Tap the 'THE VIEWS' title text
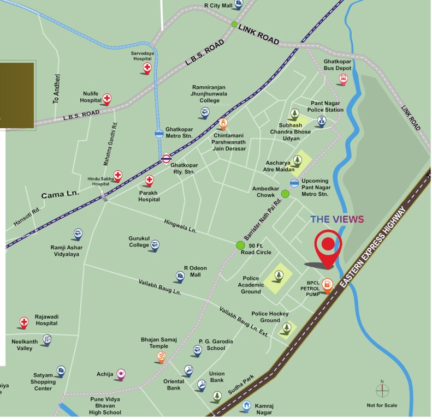(x=337, y=219)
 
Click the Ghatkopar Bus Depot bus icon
(x=343, y=80)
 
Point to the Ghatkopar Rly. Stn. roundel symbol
(x=167, y=159)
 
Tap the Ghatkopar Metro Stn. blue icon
(x=158, y=133)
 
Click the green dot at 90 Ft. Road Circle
(x=240, y=246)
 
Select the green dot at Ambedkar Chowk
(x=285, y=194)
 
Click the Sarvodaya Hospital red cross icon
(x=147, y=68)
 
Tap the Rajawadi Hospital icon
(x=24, y=322)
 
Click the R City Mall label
(x=218, y=5)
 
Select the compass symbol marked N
(x=382, y=391)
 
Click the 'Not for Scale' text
(x=382, y=405)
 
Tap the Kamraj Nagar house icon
(x=247, y=406)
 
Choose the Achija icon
(x=121, y=374)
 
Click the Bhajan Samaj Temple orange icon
(x=161, y=357)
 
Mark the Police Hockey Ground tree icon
(x=286, y=328)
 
